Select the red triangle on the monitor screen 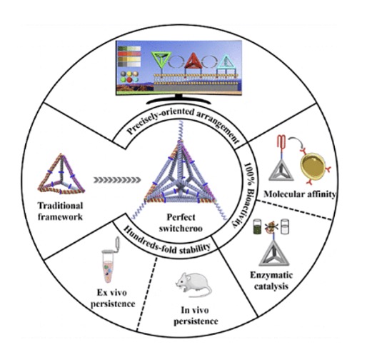[193, 61]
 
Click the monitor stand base [179, 101]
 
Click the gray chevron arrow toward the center [117, 180]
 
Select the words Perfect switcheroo [181, 223]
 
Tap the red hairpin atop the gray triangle [282, 143]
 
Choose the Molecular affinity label [300, 194]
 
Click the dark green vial [258, 227]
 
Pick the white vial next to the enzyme [285, 226]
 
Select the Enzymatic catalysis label [271, 281]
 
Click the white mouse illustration [193, 284]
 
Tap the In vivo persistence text [196, 316]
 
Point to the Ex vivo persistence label [113, 298]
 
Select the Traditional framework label [61, 211]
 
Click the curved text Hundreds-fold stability [166, 241]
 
